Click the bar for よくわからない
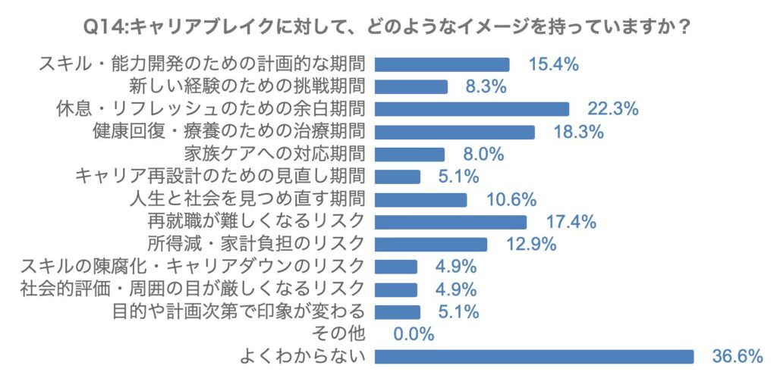point(535,356)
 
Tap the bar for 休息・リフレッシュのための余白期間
point(472,109)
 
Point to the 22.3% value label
point(613,109)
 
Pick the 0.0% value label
point(414,333)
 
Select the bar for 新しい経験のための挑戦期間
point(412,86)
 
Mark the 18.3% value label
point(578,132)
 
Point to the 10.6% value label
point(511,199)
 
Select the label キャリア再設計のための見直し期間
point(221,177)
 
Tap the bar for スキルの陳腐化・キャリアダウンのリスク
point(397,267)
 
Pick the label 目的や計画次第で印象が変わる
point(239,311)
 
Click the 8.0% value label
point(484,155)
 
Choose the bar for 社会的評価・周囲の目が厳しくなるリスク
point(397,289)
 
